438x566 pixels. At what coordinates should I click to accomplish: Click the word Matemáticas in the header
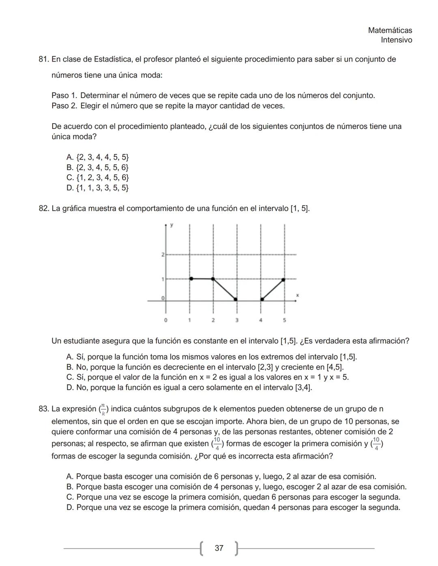coord(390,30)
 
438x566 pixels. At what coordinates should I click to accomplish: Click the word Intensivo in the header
coord(396,40)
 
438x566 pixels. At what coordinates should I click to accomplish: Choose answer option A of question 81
coord(97,157)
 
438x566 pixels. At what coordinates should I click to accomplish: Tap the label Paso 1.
coord(64,96)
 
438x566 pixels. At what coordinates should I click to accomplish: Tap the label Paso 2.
coord(64,106)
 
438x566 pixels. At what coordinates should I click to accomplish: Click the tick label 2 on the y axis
coord(163,255)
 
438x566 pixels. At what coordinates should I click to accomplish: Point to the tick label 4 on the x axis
coord(260,320)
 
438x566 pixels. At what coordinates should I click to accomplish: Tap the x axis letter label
coord(297,295)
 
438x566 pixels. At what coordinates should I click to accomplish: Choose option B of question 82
coord(205,367)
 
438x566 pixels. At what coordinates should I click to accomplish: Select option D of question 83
coord(233,508)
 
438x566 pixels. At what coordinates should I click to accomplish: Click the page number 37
coord(219,548)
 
